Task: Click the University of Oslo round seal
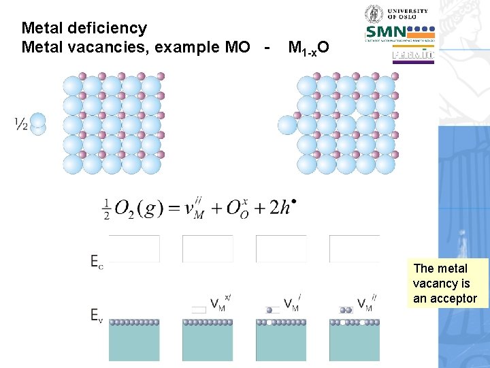374,14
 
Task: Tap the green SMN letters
385,32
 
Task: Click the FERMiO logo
413,57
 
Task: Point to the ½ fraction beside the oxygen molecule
20,124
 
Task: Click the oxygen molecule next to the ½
39,124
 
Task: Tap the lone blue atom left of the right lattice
287,125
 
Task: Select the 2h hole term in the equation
281,207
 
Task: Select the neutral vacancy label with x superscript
220,304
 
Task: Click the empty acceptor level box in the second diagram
199,310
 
